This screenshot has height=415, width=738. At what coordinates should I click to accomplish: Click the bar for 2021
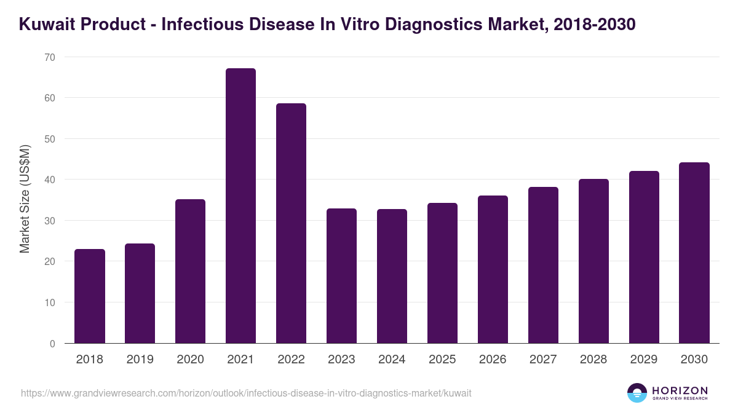tap(240, 206)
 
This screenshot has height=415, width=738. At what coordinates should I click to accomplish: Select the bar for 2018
tap(89, 296)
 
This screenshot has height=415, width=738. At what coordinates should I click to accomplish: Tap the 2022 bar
tap(291, 223)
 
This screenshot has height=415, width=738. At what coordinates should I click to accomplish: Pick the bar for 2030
tap(694, 253)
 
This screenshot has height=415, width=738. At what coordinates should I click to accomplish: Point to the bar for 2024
tap(392, 276)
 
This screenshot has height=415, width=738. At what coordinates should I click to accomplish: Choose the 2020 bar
tap(190, 271)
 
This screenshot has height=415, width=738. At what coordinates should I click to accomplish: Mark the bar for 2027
tap(543, 265)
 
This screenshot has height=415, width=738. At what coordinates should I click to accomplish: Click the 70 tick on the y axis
tap(50, 57)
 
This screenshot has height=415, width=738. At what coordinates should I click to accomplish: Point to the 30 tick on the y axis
tap(50, 221)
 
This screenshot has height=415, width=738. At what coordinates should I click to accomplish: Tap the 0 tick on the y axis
tap(52, 344)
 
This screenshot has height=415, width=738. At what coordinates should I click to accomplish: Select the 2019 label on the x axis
tap(140, 360)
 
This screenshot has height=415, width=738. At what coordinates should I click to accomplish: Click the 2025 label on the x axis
tap(442, 360)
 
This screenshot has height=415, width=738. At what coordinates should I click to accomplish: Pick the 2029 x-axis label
tap(644, 360)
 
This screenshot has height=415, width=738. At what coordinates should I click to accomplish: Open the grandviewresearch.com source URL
tap(246, 393)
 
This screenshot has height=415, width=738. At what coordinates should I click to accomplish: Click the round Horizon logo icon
tap(637, 393)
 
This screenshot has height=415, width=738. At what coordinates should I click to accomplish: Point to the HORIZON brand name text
tap(680, 390)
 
